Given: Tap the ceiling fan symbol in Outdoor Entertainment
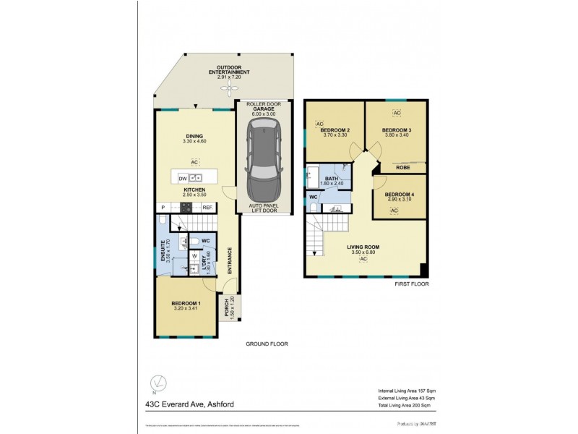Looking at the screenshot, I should [x=230, y=88].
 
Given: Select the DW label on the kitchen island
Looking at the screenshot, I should [x=183, y=177].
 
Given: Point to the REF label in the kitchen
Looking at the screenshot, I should [x=207, y=208].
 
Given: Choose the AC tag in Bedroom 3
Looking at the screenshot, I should [x=396, y=114].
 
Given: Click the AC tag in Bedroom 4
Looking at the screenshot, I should [x=394, y=210].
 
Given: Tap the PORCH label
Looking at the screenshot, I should [x=227, y=307].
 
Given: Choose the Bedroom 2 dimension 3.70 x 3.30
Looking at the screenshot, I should [x=335, y=135].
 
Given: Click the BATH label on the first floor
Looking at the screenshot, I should [x=332, y=178].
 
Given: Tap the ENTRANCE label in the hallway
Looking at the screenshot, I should [x=230, y=260].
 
